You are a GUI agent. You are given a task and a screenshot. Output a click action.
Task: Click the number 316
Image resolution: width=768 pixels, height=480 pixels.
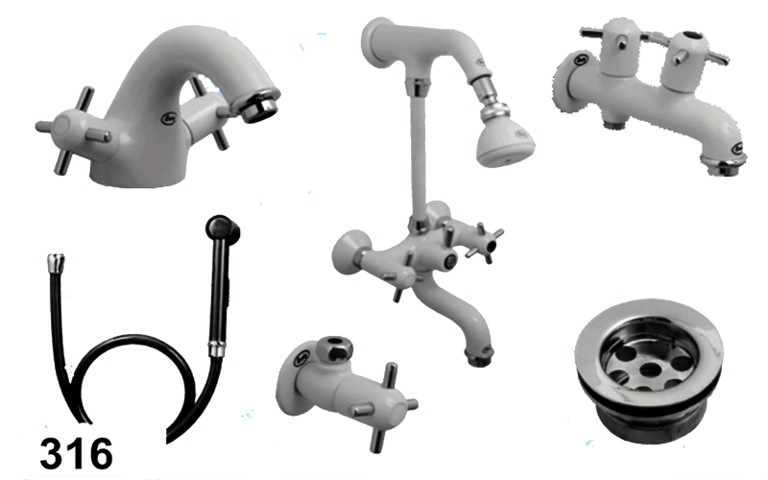pos(77,453)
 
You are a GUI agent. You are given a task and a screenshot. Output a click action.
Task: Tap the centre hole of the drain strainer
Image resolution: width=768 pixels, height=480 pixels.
pos(650,370)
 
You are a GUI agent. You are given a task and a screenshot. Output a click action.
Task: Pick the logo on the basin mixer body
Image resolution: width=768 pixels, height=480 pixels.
pos(167,117)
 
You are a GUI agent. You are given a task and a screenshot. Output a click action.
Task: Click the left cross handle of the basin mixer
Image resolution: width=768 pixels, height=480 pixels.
pos(75,130)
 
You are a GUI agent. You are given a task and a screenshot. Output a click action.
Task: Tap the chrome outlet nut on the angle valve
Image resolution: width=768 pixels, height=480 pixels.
pos(333,348)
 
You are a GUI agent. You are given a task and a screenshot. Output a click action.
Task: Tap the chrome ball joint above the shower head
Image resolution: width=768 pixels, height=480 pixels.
pos(489,111)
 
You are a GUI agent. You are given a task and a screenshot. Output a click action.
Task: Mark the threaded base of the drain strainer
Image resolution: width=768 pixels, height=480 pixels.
pos(647,421)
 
